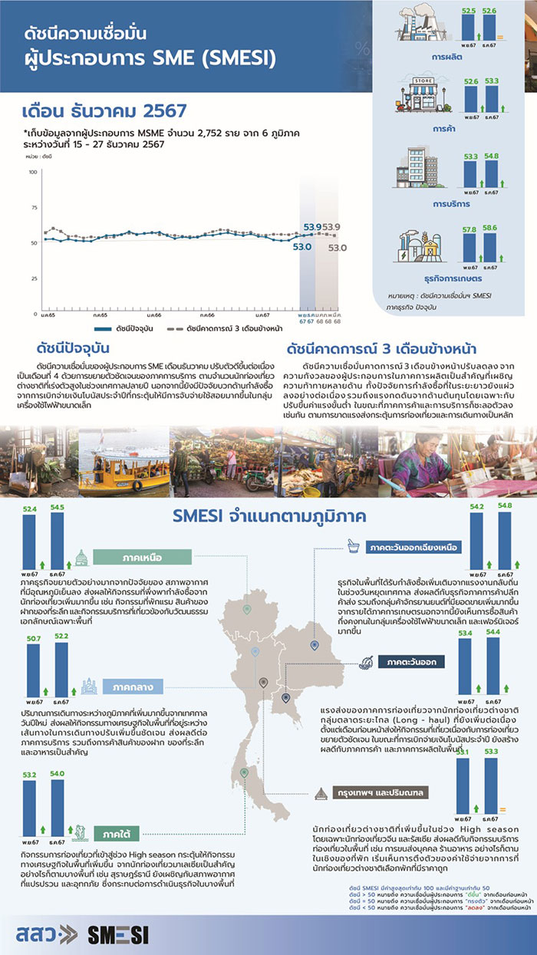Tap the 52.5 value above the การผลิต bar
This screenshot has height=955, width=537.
click(469, 10)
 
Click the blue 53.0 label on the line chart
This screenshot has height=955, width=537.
click(301, 247)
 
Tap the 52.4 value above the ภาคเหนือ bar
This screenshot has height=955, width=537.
click(30, 509)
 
